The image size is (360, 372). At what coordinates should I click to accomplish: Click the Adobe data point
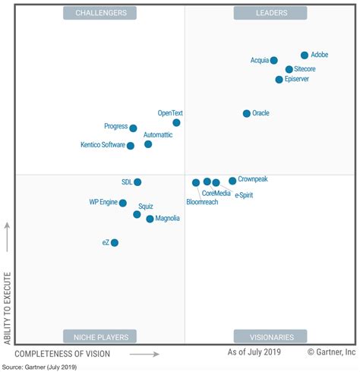tap(305, 55)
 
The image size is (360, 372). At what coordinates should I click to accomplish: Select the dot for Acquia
tap(274, 61)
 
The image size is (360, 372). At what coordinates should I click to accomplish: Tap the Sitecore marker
tap(289, 69)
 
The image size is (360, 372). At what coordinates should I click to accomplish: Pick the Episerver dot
tap(279, 80)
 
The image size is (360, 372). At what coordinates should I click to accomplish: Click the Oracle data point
tap(246, 114)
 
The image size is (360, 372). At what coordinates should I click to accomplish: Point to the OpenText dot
tap(176, 122)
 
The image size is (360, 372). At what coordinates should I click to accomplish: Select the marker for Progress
tap(133, 128)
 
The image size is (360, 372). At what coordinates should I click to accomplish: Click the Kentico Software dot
tap(131, 146)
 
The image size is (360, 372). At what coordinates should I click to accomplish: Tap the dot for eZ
tap(115, 243)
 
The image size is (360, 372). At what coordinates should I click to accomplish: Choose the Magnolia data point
tap(150, 219)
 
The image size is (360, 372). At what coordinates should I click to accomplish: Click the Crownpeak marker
tap(232, 181)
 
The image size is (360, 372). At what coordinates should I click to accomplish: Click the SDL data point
tap(137, 182)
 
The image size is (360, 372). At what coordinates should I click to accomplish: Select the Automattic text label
tap(158, 134)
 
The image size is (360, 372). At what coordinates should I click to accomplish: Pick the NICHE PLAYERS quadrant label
tap(101, 336)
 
